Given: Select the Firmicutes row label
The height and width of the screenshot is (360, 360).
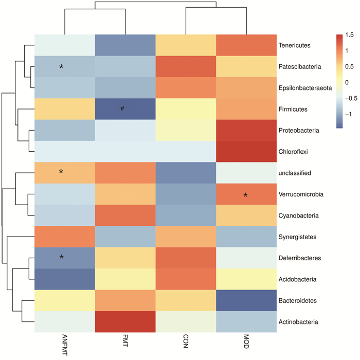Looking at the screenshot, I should [294, 109].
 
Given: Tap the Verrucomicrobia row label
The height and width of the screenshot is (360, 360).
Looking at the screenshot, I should [300, 195].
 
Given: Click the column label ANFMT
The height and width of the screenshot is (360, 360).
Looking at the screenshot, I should [63, 346].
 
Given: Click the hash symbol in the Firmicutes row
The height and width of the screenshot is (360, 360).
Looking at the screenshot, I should [123, 108].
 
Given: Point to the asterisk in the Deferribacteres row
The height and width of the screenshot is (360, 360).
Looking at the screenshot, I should [61, 257].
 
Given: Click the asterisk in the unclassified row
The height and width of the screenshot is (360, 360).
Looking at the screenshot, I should [61, 172].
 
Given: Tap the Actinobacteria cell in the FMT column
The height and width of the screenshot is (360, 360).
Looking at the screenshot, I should [125, 322].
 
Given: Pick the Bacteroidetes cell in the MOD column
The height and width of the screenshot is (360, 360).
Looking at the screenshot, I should [246, 301].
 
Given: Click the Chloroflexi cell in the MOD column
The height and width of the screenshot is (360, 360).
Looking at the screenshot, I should [246, 152].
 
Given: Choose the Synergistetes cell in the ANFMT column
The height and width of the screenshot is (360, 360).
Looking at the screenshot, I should [65, 237].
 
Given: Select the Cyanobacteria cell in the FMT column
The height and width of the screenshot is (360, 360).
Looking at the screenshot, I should [125, 216].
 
